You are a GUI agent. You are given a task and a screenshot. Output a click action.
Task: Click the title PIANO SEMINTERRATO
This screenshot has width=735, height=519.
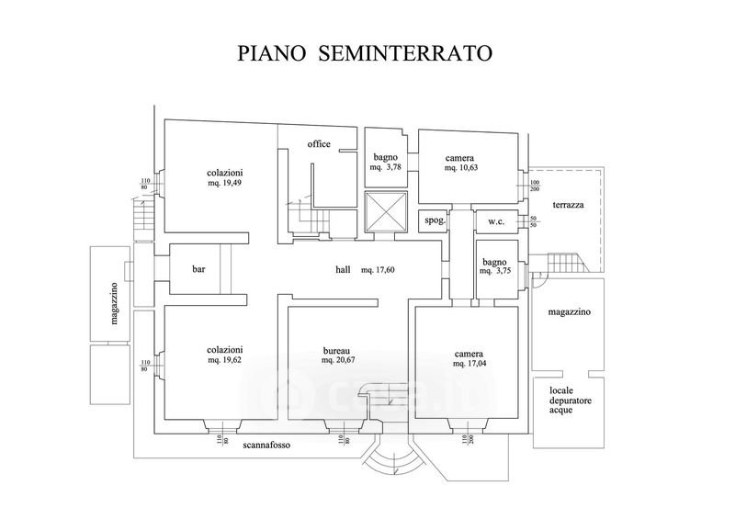(366, 52)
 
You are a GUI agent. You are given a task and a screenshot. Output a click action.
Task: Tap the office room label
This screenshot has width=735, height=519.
(319, 143)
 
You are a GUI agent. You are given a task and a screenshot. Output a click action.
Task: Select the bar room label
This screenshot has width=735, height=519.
(198, 270)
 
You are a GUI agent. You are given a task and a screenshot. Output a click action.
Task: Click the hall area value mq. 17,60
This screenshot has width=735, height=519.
(379, 270)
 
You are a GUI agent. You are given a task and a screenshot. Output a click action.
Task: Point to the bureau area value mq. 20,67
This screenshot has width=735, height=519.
(339, 360)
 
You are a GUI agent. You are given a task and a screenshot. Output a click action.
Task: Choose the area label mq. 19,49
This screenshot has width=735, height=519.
(225, 184)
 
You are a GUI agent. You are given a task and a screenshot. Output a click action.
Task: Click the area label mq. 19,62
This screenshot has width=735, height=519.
(225, 360)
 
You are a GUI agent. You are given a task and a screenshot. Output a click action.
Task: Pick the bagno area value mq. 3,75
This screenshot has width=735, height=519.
(494, 272)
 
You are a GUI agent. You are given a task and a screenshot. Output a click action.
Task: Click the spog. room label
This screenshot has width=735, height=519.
(435, 220)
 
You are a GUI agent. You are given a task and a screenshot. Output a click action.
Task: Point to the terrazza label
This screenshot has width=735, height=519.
(561, 205)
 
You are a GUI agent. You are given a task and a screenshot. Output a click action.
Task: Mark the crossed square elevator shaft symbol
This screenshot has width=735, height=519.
(384, 212)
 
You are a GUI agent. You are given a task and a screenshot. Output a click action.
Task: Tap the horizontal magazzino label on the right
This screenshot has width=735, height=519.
(570, 312)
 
